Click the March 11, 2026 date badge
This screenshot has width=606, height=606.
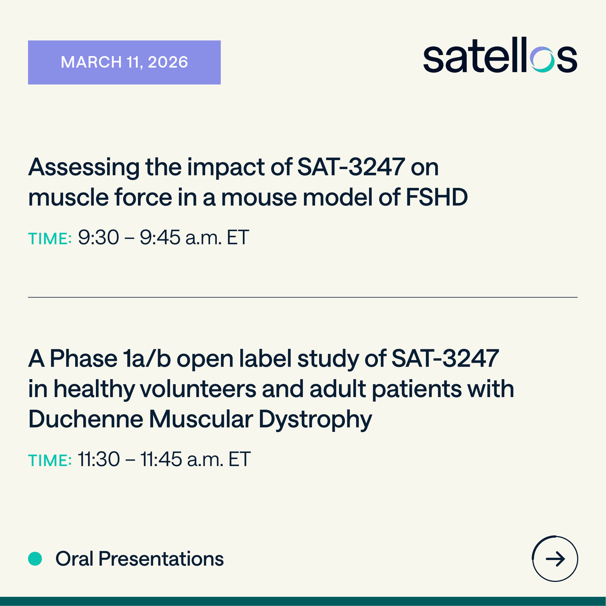point(124,62)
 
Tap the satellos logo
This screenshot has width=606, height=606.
point(500,59)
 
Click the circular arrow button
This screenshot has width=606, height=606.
point(555,559)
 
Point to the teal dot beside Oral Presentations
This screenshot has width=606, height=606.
point(35,559)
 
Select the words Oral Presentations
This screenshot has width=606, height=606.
point(139,559)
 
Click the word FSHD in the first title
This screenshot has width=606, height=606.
point(437,197)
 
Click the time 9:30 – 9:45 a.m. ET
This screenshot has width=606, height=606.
point(163,237)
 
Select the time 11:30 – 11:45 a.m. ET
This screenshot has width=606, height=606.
point(164,460)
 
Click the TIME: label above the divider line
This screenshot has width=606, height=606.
point(49,238)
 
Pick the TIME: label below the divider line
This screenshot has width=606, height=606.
point(49,461)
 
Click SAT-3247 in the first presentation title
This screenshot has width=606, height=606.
point(351,167)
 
